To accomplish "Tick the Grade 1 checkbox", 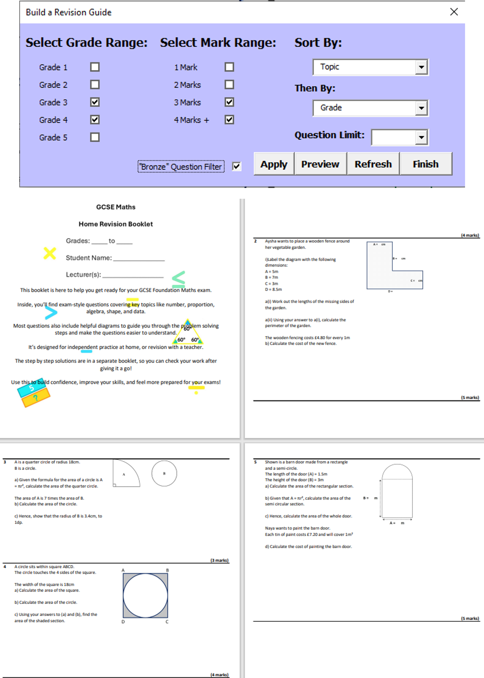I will point(95,67).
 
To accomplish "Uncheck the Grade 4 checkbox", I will point(95,120).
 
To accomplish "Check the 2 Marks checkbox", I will point(229,84).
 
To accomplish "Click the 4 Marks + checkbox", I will point(229,120).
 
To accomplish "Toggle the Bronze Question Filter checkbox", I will point(236,166).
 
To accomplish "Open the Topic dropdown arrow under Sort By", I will point(421,67).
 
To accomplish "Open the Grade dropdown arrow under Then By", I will point(421,108).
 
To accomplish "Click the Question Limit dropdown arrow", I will point(421,137).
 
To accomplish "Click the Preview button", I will point(320,164).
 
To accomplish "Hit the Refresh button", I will point(373,164).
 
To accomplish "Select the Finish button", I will point(426,164).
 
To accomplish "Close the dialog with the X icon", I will point(454,12).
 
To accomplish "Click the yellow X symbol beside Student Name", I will point(50,253).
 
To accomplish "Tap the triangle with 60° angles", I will point(188,334).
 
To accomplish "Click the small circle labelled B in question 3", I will point(164,473).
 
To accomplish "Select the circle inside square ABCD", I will point(145,595).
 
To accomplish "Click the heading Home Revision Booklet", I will point(116,224).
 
